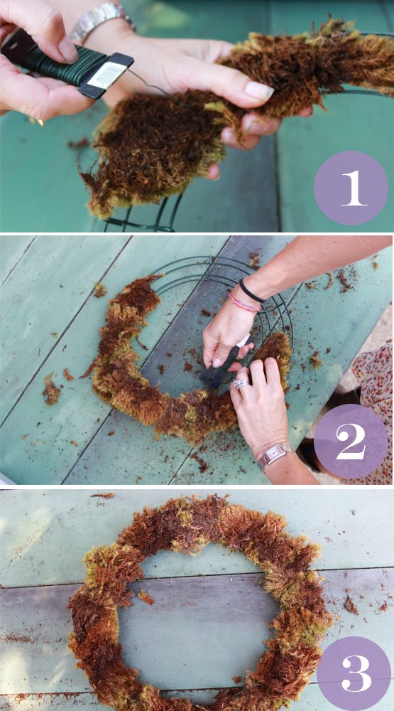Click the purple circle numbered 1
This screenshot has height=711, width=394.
point(351,188)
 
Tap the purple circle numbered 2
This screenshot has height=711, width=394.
point(351,442)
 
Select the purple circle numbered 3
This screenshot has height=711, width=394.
point(354,673)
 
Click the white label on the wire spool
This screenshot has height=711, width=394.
point(106,75)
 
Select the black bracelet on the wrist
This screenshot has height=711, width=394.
point(251,292)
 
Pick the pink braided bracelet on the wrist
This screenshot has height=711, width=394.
point(243,303)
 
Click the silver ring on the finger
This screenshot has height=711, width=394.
point(241,384)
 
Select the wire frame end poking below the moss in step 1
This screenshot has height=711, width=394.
point(144,218)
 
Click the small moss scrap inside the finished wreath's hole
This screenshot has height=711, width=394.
point(146,597)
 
